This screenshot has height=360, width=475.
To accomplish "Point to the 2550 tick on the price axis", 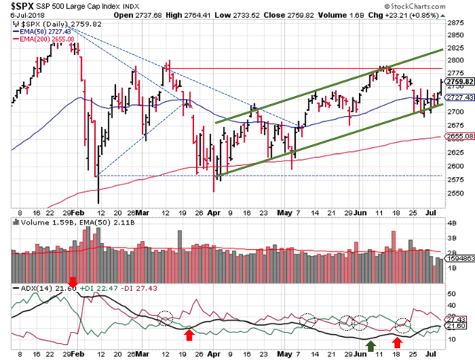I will [x=455, y=193].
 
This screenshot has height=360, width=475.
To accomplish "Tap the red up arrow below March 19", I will [x=189, y=335].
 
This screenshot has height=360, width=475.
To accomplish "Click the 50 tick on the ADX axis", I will [x=450, y=295].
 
